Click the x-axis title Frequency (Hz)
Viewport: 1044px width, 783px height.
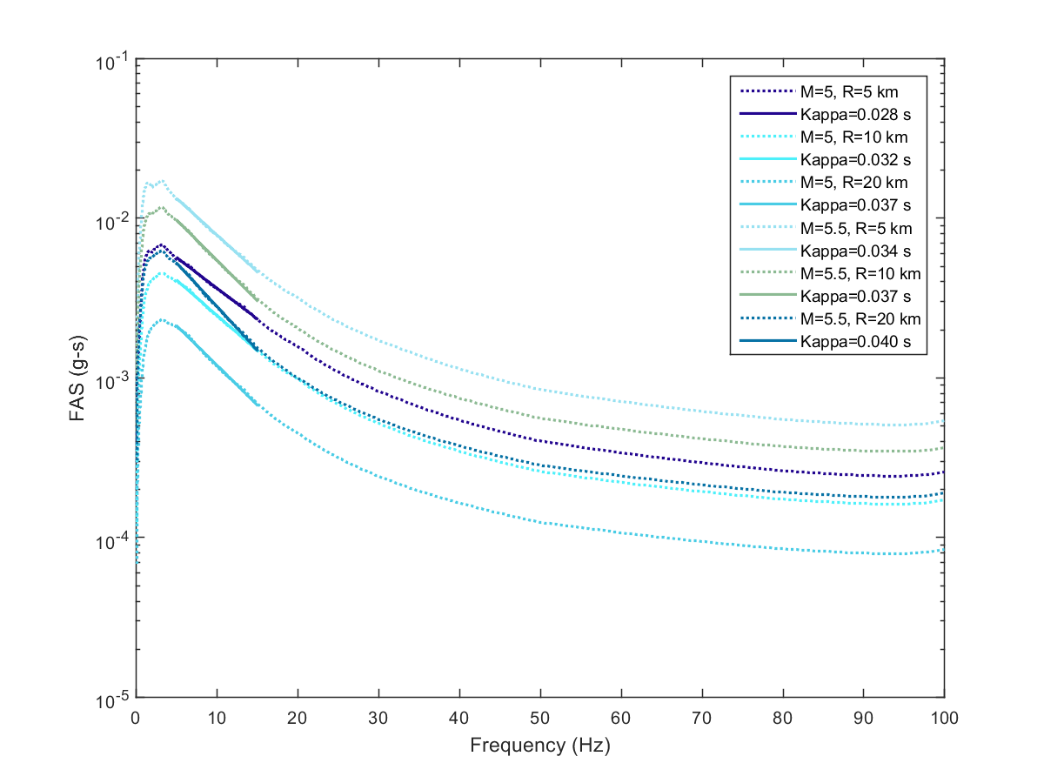pyautogui.click(x=539, y=746)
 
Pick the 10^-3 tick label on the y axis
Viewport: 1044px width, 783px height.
pyautogui.click(x=110, y=379)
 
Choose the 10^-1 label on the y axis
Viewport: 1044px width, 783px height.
pyautogui.click(x=110, y=61)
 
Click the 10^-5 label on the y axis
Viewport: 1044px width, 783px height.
pyautogui.click(x=110, y=699)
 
